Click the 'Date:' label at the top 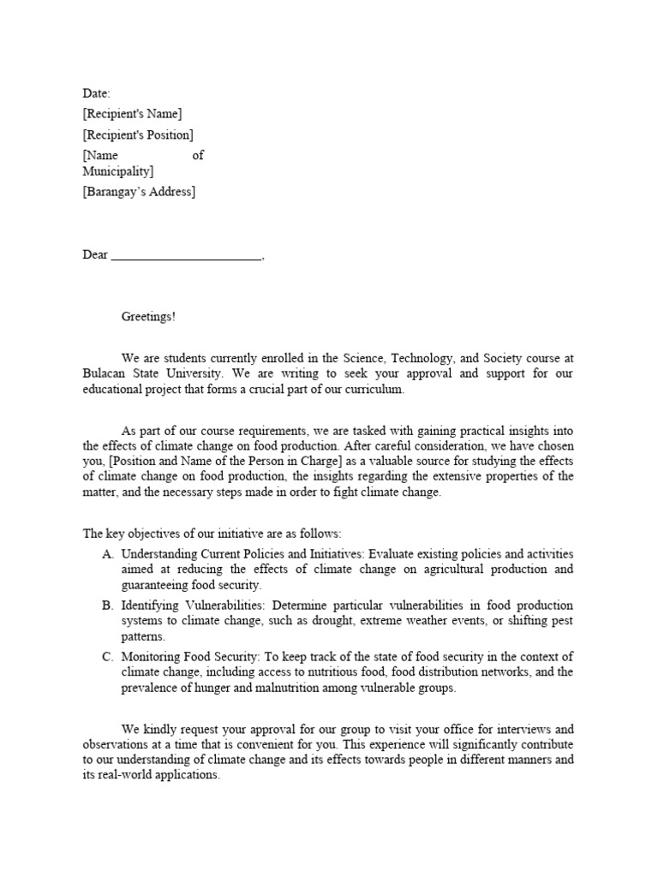pos(96,92)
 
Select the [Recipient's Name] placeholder pos(132,114)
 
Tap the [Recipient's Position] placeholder pos(138,134)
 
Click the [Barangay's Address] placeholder pos(139,192)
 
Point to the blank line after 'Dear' pos(187,255)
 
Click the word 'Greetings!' pos(148,317)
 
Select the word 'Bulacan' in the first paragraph pos(105,374)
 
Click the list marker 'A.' pos(108,554)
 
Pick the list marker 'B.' pos(108,606)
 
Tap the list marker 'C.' pos(108,657)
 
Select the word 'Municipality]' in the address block pos(118,171)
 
